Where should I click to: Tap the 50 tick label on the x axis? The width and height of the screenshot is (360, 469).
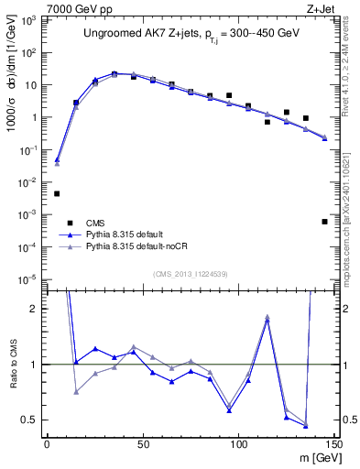tap(142, 443)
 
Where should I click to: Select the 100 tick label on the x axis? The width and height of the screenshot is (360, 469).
tap(238, 443)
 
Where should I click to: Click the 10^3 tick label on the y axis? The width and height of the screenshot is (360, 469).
tap(31, 20)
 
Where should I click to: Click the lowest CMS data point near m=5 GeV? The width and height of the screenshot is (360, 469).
tap(57, 193)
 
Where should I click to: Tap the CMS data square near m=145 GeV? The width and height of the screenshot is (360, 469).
tap(324, 222)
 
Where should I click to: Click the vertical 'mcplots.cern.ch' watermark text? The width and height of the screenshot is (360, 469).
tap(351, 211)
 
